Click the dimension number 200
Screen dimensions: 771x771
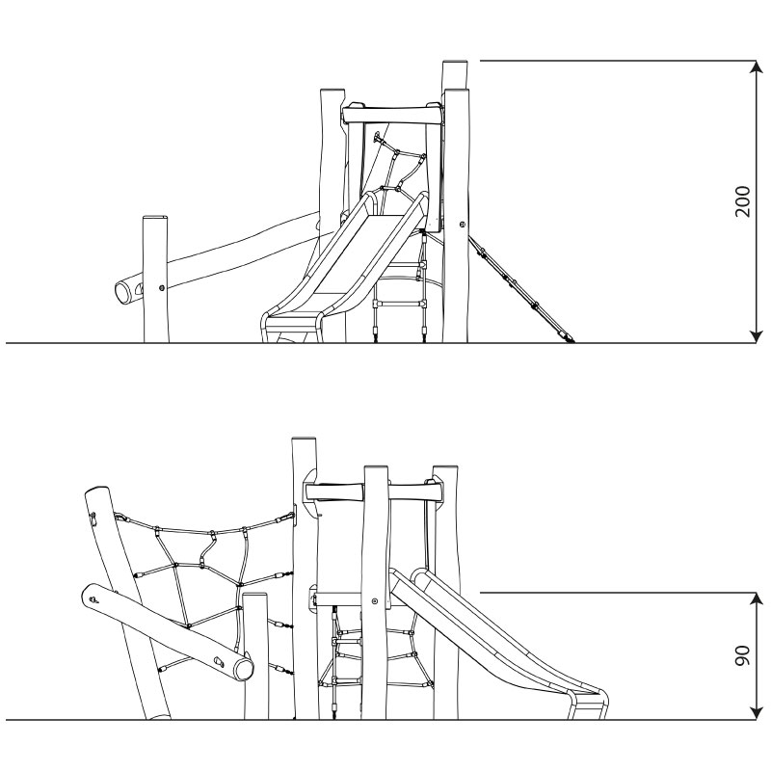[x=742, y=201]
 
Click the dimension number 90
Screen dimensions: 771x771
[x=742, y=656]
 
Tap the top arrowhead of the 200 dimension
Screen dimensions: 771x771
[x=756, y=66]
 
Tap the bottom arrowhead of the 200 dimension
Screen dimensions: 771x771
[x=756, y=336]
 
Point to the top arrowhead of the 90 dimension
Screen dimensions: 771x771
[x=756, y=599]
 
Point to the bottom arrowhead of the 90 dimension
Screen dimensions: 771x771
[x=756, y=713]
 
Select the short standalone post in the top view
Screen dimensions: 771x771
[x=156, y=279]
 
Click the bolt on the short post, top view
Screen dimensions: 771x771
[x=162, y=287]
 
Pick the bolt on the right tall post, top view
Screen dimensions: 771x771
[x=463, y=225]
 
